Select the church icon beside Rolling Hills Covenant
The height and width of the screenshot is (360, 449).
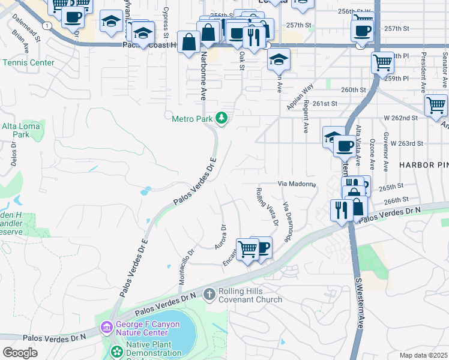pyautogui.click(x=209, y=294)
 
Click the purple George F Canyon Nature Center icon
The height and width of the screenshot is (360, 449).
pyautogui.click(x=106, y=328)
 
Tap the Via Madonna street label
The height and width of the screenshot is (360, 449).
pyautogui.click(x=297, y=184)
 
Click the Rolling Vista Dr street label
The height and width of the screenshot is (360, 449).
pyautogui.click(x=267, y=206)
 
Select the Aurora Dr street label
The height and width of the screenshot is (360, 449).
pyautogui.click(x=220, y=237)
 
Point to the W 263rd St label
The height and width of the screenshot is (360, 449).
pyautogui.click(x=407, y=143)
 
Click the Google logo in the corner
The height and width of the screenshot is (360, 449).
pyautogui.click(x=19, y=353)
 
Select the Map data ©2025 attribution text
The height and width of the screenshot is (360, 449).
pyautogui.click(x=423, y=355)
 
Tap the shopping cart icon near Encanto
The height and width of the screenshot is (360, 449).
pyautogui.click(x=247, y=248)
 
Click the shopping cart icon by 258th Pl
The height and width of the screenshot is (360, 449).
pyautogui.click(x=382, y=61)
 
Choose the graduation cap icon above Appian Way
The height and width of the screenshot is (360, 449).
pyautogui.click(x=279, y=59)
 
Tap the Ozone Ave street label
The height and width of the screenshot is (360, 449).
pyautogui.click(x=373, y=150)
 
